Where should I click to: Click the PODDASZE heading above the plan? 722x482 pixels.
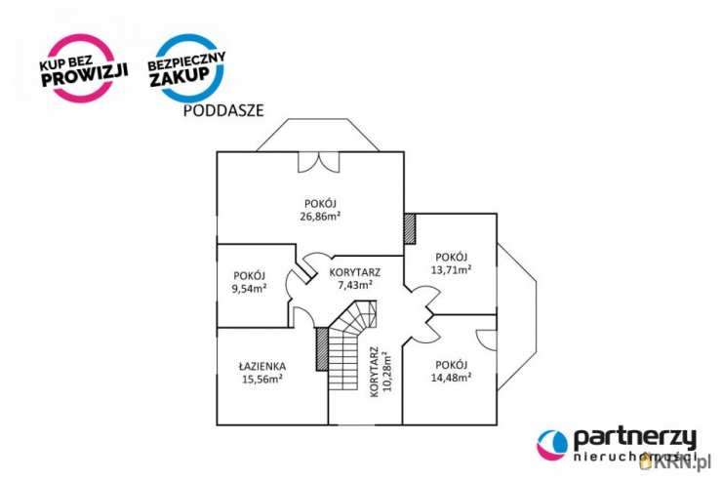tap(223, 111)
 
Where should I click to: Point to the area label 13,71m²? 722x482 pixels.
tap(452, 268)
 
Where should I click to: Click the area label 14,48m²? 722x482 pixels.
tap(452, 376)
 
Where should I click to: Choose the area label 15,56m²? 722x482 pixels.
tap(261, 380)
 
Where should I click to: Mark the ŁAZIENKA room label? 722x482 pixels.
tap(261, 367)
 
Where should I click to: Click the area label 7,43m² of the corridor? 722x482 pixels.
tap(355, 285)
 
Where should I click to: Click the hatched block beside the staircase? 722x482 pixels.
tap(321, 349)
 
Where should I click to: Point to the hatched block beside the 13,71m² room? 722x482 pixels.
tap(409, 229)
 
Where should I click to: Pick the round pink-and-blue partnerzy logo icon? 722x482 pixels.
tap(552, 445)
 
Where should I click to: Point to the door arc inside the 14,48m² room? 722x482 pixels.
tap(486, 337)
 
